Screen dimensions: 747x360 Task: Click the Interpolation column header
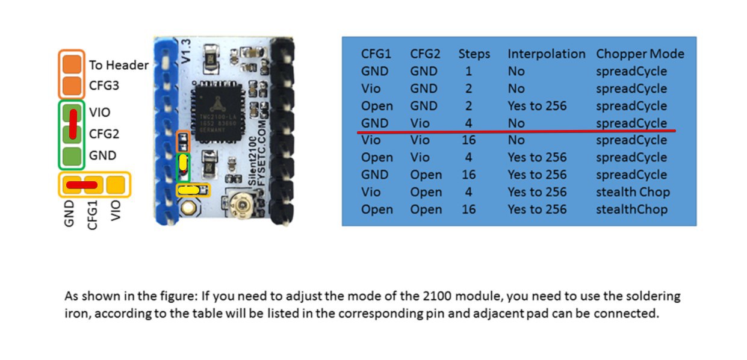(x=546, y=54)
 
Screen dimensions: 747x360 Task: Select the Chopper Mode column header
(x=640, y=54)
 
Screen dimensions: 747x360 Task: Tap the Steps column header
(x=474, y=54)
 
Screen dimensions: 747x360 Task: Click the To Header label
(x=119, y=65)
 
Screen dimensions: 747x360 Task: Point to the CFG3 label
(x=104, y=85)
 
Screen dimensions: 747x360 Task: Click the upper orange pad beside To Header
(x=72, y=64)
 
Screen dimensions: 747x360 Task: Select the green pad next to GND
(x=72, y=156)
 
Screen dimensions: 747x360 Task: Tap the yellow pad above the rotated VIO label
(x=116, y=184)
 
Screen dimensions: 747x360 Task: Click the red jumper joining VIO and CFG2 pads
(x=73, y=124)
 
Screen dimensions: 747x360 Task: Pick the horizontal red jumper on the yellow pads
(x=82, y=185)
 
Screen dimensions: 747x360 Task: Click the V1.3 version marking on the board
(x=185, y=51)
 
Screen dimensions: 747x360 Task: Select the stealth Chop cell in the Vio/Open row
(x=633, y=192)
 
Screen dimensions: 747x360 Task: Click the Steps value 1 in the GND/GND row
(x=468, y=71)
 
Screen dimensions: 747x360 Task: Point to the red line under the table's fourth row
(x=516, y=131)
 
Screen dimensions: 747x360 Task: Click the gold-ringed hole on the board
(x=188, y=208)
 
